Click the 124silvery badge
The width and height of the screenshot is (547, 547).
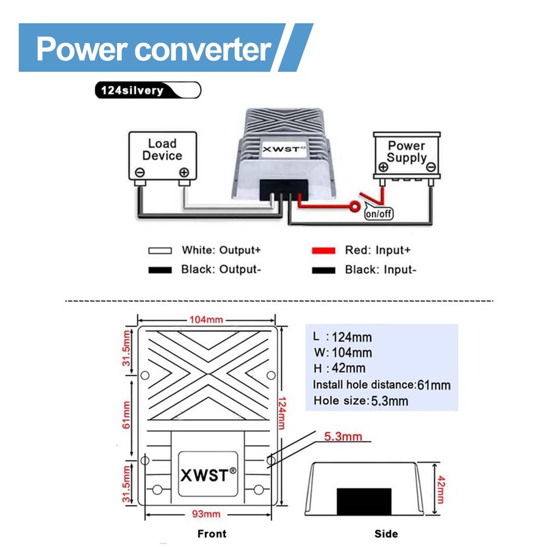coord(148,90)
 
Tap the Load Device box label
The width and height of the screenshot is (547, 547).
coord(162,149)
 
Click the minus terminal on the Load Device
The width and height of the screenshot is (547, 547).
coord(140,172)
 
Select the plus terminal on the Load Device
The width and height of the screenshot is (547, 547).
coord(184,172)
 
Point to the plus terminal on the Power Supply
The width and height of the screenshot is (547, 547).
coord(383,167)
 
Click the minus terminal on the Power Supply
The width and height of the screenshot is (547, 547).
coord(431,167)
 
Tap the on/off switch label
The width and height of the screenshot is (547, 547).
coord(379,213)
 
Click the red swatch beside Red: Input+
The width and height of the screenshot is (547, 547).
coord(323,250)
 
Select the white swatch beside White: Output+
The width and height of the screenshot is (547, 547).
coord(160,250)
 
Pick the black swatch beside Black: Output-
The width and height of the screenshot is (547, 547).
coord(160,270)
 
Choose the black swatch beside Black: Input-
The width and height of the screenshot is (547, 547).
coord(323,270)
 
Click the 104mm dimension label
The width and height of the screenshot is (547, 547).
coord(206,319)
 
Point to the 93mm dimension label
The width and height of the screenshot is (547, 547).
coord(206,514)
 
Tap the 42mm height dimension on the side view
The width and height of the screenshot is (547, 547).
coord(441,490)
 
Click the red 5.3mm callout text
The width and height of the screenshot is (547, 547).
coord(343,436)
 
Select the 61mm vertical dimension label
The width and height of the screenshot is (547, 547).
coord(126,415)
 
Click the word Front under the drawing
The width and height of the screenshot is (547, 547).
coord(212,534)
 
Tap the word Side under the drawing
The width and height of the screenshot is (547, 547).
coord(386,534)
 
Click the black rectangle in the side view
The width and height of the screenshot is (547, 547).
coord(364,501)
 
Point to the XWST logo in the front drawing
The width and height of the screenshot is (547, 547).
coord(209,475)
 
